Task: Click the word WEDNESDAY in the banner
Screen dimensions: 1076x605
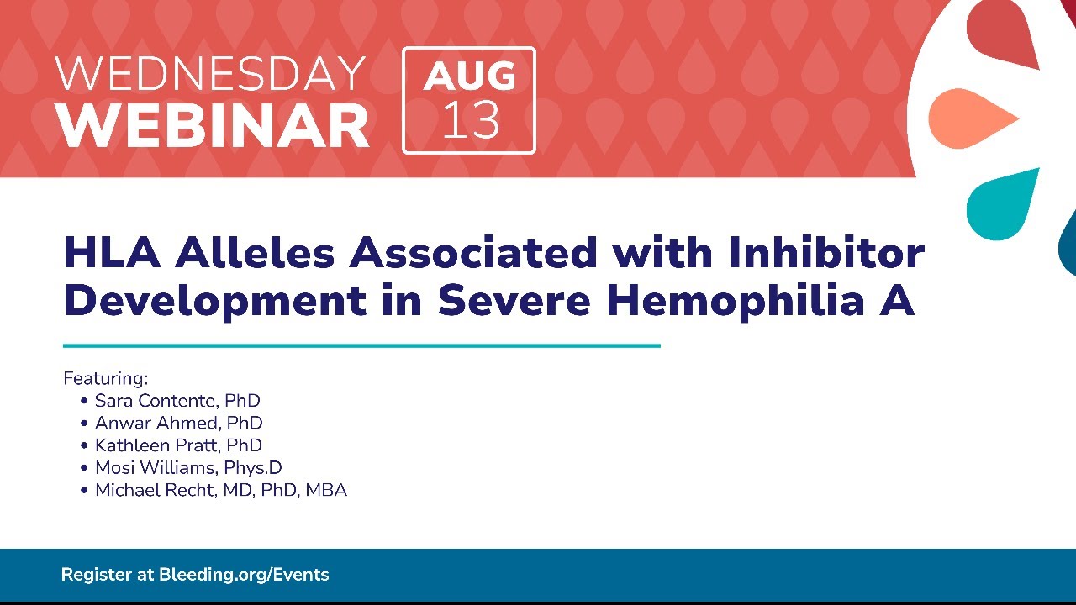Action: tap(210, 73)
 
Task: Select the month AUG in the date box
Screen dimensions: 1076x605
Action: tap(469, 76)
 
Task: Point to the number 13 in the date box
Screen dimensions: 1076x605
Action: tap(471, 120)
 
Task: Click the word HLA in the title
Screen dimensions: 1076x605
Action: tap(112, 252)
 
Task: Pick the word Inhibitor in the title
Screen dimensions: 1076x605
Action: tap(826, 252)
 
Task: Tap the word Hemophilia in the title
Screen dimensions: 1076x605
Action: tap(736, 301)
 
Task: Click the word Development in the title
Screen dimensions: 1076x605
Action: tap(215, 301)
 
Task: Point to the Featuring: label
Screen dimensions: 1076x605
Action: tap(106, 378)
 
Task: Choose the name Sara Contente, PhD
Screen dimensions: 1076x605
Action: tap(177, 401)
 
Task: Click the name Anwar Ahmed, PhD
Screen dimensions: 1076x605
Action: tap(179, 423)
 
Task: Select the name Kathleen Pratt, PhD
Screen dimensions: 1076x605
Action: tap(178, 445)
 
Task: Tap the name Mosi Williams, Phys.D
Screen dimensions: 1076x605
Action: tap(188, 468)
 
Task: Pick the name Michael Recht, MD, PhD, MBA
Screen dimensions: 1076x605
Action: tap(221, 490)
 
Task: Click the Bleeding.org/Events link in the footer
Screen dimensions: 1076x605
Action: tap(244, 575)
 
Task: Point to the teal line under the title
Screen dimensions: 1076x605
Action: tap(361, 345)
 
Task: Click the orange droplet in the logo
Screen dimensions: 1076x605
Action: tap(973, 118)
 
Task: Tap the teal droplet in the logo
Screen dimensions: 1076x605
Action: tap(1002, 205)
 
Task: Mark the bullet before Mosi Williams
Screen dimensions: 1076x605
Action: tap(85, 468)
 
